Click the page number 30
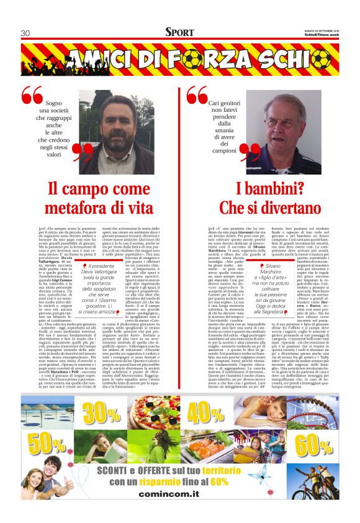[25, 33]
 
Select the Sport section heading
[179, 32]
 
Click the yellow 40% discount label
[206, 413]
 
